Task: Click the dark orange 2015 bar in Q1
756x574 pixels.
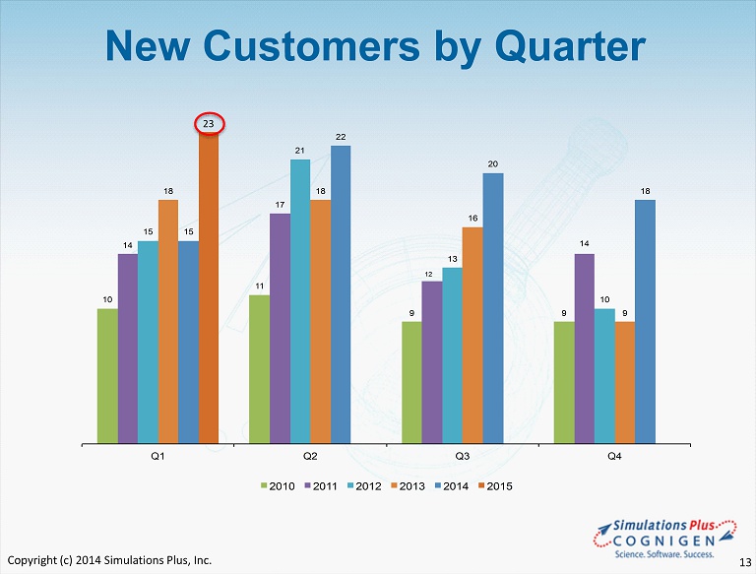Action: (209, 287)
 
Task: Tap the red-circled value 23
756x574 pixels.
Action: (209, 124)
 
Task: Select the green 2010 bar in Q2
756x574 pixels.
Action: (260, 369)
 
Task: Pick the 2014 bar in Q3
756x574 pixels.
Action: (493, 308)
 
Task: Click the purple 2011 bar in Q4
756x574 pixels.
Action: (585, 349)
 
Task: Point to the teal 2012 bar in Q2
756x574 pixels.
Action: (300, 301)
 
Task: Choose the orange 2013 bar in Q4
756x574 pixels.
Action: (625, 383)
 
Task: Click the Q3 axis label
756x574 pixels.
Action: (463, 456)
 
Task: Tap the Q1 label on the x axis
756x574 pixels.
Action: (157, 456)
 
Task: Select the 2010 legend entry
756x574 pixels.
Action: (278, 486)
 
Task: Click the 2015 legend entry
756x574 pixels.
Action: (495, 486)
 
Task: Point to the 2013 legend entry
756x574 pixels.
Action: (408, 486)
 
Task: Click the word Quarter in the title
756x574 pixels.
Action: (570, 46)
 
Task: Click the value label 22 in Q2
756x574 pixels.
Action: (341, 137)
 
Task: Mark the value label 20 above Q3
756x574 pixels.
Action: (493, 164)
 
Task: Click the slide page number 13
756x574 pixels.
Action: (745, 562)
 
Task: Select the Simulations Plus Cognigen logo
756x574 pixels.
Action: (665, 539)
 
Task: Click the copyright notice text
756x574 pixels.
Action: (109, 560)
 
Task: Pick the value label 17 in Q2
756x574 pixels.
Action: (280, 205)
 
